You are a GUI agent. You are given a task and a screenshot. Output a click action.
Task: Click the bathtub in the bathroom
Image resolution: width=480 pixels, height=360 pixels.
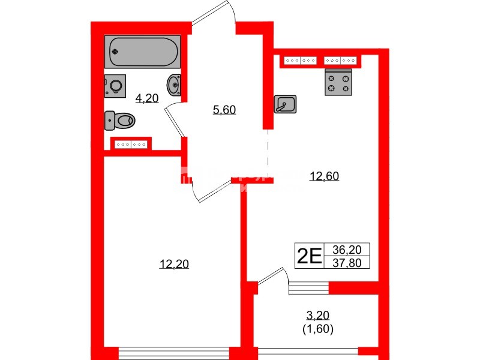pyautogui.click(x=142, y=52)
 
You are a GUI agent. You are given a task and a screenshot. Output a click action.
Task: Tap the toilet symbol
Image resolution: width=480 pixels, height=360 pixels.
pyautogui.click(x=119, y=121)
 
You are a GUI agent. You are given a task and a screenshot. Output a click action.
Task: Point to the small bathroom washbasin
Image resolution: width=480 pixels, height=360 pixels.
pyautogui.click(x=174, y=84)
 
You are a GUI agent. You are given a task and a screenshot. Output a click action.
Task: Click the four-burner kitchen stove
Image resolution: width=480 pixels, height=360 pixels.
pyautogui.click(x=338, y=83)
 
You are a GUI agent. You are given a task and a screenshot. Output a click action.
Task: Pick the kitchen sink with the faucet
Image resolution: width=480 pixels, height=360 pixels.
pyautogui.click(x=285, y=104)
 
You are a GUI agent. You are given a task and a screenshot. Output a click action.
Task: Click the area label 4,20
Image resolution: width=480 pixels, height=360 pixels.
pyautogui.click(x=146, y=98)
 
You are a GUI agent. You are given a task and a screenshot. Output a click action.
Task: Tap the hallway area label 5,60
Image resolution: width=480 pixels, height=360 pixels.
pyautogui.click(x=225, y=109)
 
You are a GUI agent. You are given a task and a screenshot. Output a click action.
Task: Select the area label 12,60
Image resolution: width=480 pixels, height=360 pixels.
pyautogui.click(x=324, y=176)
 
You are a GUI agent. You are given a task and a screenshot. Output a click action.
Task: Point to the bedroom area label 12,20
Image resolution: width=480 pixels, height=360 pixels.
pyautogui.click(x=175, y=263)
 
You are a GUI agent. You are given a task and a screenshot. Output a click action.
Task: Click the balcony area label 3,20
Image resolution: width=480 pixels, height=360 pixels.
pyautogui.click(x=318, y=315)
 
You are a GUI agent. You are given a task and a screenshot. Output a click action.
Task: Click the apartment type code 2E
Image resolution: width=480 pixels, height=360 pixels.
pyautogui.click(x=310, y=256)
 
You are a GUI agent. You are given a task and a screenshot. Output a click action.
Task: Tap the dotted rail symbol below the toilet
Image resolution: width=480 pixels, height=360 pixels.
pyautogui.click(x=131, y=144)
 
